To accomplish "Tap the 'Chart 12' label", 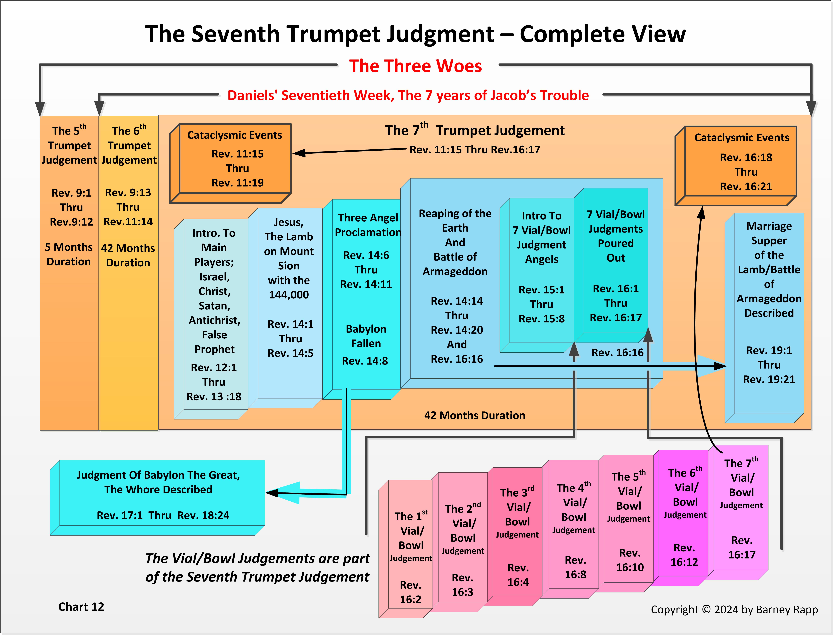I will (x=81, y=607).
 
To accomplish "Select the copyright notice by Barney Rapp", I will (x=734, y=609).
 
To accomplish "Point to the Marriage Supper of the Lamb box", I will (x=769, y=302).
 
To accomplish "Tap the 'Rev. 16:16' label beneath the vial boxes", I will (x=617, y=353).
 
